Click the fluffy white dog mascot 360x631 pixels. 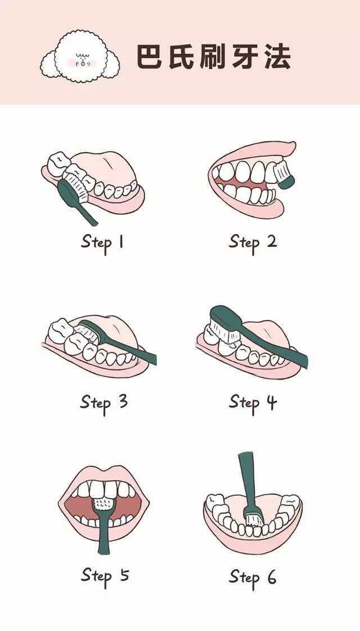pyautogui.click(x=80, y=57)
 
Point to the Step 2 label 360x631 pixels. pyautogui.click(x=253, y=243)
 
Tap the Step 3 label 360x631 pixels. pyautogui.click(x=104, y=403)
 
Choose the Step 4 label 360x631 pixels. pyautogui.click(x=253, y=403)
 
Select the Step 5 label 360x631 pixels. pyautogui.click(x=105, y=576)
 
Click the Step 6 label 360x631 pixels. pyautogui.click(x=253, y=578)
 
